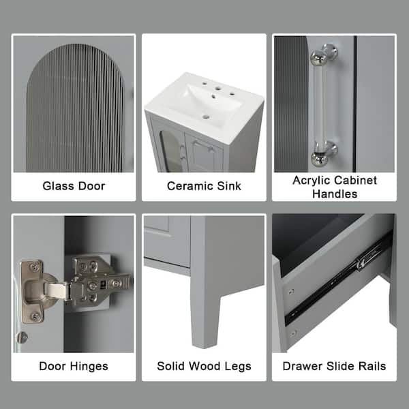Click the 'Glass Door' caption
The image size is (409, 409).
74,185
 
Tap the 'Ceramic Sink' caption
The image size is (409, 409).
204,185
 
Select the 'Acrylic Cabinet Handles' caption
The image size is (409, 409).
334,186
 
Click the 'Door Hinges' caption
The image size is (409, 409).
74,366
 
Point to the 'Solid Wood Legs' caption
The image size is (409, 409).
204,366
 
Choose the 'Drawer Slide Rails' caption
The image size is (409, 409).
334,366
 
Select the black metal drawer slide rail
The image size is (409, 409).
341,279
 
